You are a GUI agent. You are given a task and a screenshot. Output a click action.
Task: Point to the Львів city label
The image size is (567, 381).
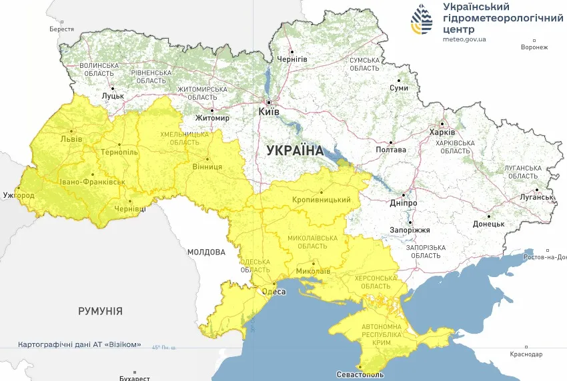pyautogui.click(x=71, y=139)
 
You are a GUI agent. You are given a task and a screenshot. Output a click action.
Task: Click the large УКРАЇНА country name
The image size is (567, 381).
pyautogui.click(x=294, y=151)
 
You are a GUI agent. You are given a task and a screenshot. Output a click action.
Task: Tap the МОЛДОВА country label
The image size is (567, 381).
pyautogui.click(x=206, y=252)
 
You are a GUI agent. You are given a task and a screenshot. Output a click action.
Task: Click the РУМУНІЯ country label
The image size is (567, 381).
pyautogui.click(x=100, y=311)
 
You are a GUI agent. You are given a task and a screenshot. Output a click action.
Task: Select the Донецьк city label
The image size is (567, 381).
pyautogui.click(x=489, y=224)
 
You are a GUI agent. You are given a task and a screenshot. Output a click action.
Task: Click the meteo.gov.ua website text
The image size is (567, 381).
pyautogui.click(x=464, y=39)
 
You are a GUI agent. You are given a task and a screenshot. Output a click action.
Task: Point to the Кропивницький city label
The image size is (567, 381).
pyautogui.click(x=322, y=200)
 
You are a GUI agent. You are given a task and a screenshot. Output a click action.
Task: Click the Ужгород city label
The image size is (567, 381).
pyautogui.click(x=19, y=196)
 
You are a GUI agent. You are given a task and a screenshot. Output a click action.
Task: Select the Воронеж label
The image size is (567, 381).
pyautogui.click(x=534, y=47)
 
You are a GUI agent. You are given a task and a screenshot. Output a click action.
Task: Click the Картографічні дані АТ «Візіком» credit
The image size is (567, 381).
pyautogui.click(x=79, y=345)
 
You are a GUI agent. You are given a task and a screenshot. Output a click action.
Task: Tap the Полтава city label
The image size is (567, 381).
pyautogui.click(x=391, y=150)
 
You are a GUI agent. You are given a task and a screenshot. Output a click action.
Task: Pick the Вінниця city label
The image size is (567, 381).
pyautogui.click(x=207, y=167)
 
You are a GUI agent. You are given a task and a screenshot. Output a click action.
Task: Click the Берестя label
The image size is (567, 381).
pyautogui.click(x=62, y=29)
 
